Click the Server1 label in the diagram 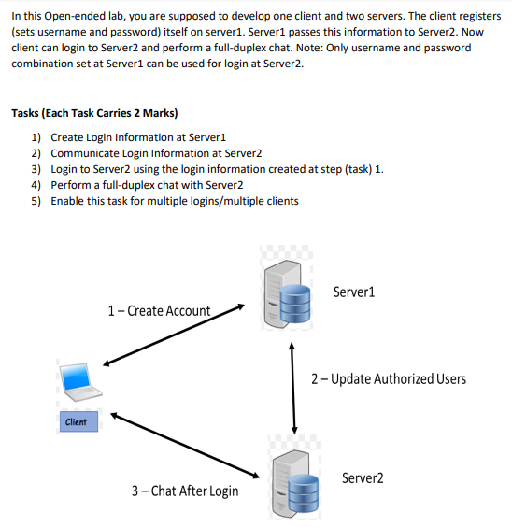[354, 292]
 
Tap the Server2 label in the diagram [363, 477]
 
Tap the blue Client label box [77, 422]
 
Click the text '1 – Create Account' [159, 310]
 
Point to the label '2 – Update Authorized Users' [388, 378]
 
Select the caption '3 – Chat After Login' [184, 491]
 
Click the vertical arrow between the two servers [294, 386]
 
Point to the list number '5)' [36, 201]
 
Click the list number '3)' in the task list [36, 169]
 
